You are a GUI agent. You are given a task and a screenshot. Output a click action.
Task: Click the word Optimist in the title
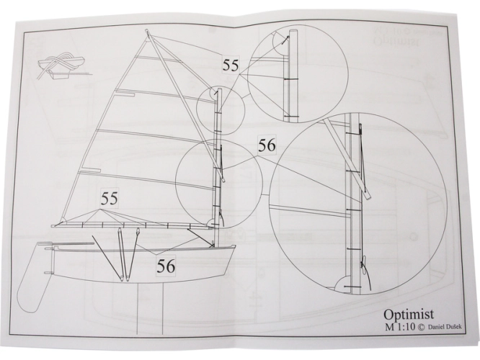[x=409, y=315]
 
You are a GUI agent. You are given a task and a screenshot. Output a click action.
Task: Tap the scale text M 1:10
[x=401, y=327]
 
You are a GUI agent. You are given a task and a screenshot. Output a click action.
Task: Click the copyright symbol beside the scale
[x=421, y=328]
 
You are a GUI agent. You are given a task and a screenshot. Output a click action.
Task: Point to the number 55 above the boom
[x=110, y=199]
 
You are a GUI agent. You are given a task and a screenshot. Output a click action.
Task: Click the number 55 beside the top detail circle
[x=230, y=65]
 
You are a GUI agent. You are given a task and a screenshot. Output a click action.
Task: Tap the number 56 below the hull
[x=166, y=266]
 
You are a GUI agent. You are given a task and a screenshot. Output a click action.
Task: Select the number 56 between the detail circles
[x=267, y=145]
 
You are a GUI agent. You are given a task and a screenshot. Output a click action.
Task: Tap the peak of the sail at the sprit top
[x=147, y=30]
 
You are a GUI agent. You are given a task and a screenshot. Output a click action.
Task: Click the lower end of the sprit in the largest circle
[x=368, y=197]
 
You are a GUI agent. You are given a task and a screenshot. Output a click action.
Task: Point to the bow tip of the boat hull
[x=236, y=245]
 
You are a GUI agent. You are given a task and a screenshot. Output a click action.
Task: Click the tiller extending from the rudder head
[x=74, y=244]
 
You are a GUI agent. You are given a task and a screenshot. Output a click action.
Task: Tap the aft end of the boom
[x=53, y=226]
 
